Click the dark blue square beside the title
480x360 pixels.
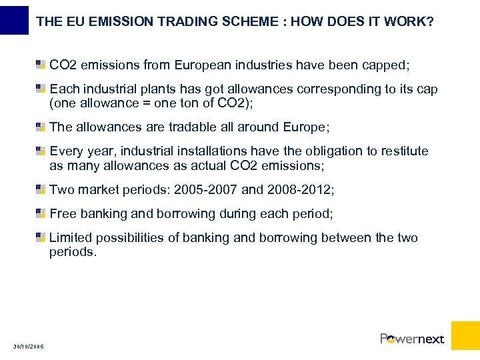click(x=14, y=19)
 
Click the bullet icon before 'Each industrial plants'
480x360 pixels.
click(x=41, y=89)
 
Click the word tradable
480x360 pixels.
click(x=192, y=127)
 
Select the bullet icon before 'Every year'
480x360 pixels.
click(x=41, y=151)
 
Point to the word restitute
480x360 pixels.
click(x=405, y=151)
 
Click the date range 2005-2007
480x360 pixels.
click(x=205, y=189)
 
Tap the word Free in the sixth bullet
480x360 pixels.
click(x=63, y=214)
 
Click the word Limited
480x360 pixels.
click(x=72, y=238)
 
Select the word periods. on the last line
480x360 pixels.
click(x=73, y=252)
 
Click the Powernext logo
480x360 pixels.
click(x=412, y=339)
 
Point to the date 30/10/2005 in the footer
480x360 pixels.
click(x=28, y=347)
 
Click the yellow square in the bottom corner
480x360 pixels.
click(x=465, y=335)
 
